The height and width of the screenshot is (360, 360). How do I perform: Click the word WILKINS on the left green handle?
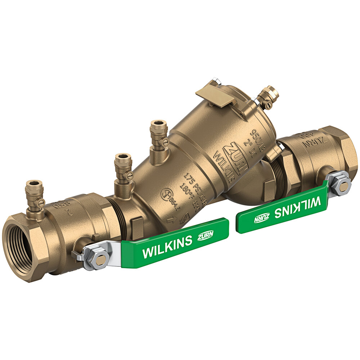[167, 247]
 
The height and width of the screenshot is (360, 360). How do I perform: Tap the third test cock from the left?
[159, 135]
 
